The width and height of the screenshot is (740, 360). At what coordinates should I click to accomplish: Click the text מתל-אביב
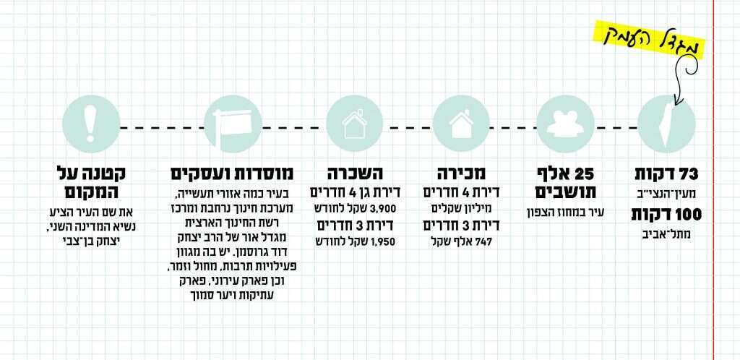pyautogui.click(x=665, y=234)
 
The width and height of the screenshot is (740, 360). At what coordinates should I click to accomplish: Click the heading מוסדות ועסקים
pyautogui.click(x=232, y=174)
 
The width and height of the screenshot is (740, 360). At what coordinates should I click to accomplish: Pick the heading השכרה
pyautogui.click(x=354, y=174)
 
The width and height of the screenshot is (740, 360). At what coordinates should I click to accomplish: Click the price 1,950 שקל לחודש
pyautogui.click(x=353, y=241)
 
